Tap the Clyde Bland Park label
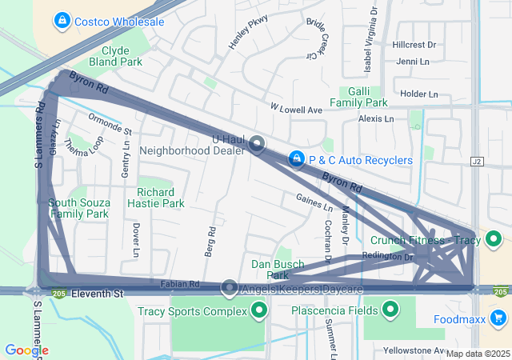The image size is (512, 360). point(115,55)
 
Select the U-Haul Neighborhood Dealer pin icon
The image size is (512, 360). point(257,144)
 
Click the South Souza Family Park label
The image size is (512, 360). point(78,208)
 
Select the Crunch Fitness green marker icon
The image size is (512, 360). point(494,238)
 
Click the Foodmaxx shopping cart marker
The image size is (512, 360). point(498,318)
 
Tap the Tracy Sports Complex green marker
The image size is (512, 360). point(258,310)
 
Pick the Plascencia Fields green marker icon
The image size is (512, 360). point(390,309)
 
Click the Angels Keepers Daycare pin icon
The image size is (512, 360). point(230,287)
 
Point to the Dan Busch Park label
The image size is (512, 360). point(277,270)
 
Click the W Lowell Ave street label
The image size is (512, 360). point(295,109)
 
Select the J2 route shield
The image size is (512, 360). point(478,162)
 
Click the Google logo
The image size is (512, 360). point(26,350)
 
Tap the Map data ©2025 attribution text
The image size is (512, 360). point(477,354)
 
